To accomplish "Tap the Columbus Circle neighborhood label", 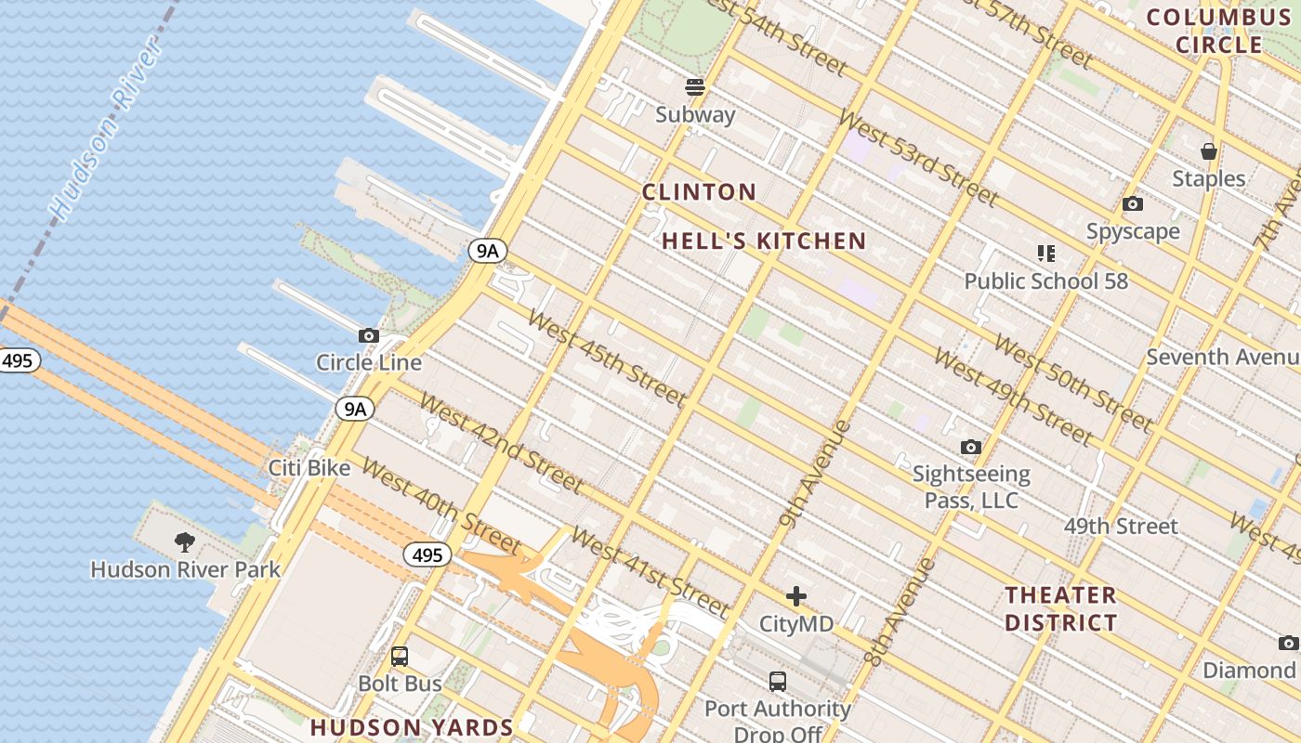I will click(x=1218, y=31).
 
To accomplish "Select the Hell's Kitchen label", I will click(x=764, y=241).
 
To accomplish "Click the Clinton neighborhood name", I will click(x=699, y=192).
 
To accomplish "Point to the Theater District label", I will click(x=1060, y=608).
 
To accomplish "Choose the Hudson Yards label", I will click(x=411, y=727).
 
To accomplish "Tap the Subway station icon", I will click(x=695, y=87).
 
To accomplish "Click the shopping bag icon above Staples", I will click(x=1208, y=150).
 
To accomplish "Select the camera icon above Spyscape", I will click(x=1132, y=203).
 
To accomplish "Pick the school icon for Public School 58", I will click(x=1045, y=253).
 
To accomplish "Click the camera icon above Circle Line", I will click(x=368, y=335).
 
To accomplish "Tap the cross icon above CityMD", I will click(x=795, y=596).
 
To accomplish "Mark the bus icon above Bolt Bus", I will click(x=400, y=657).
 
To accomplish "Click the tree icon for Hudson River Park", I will click(x=185, y=541).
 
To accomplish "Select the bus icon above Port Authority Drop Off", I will click(x=777, y=682).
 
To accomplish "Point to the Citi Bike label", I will click(x=309, y=468).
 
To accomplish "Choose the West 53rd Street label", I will click(x=918, y=158).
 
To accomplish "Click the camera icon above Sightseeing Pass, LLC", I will click(x=970, y=448).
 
